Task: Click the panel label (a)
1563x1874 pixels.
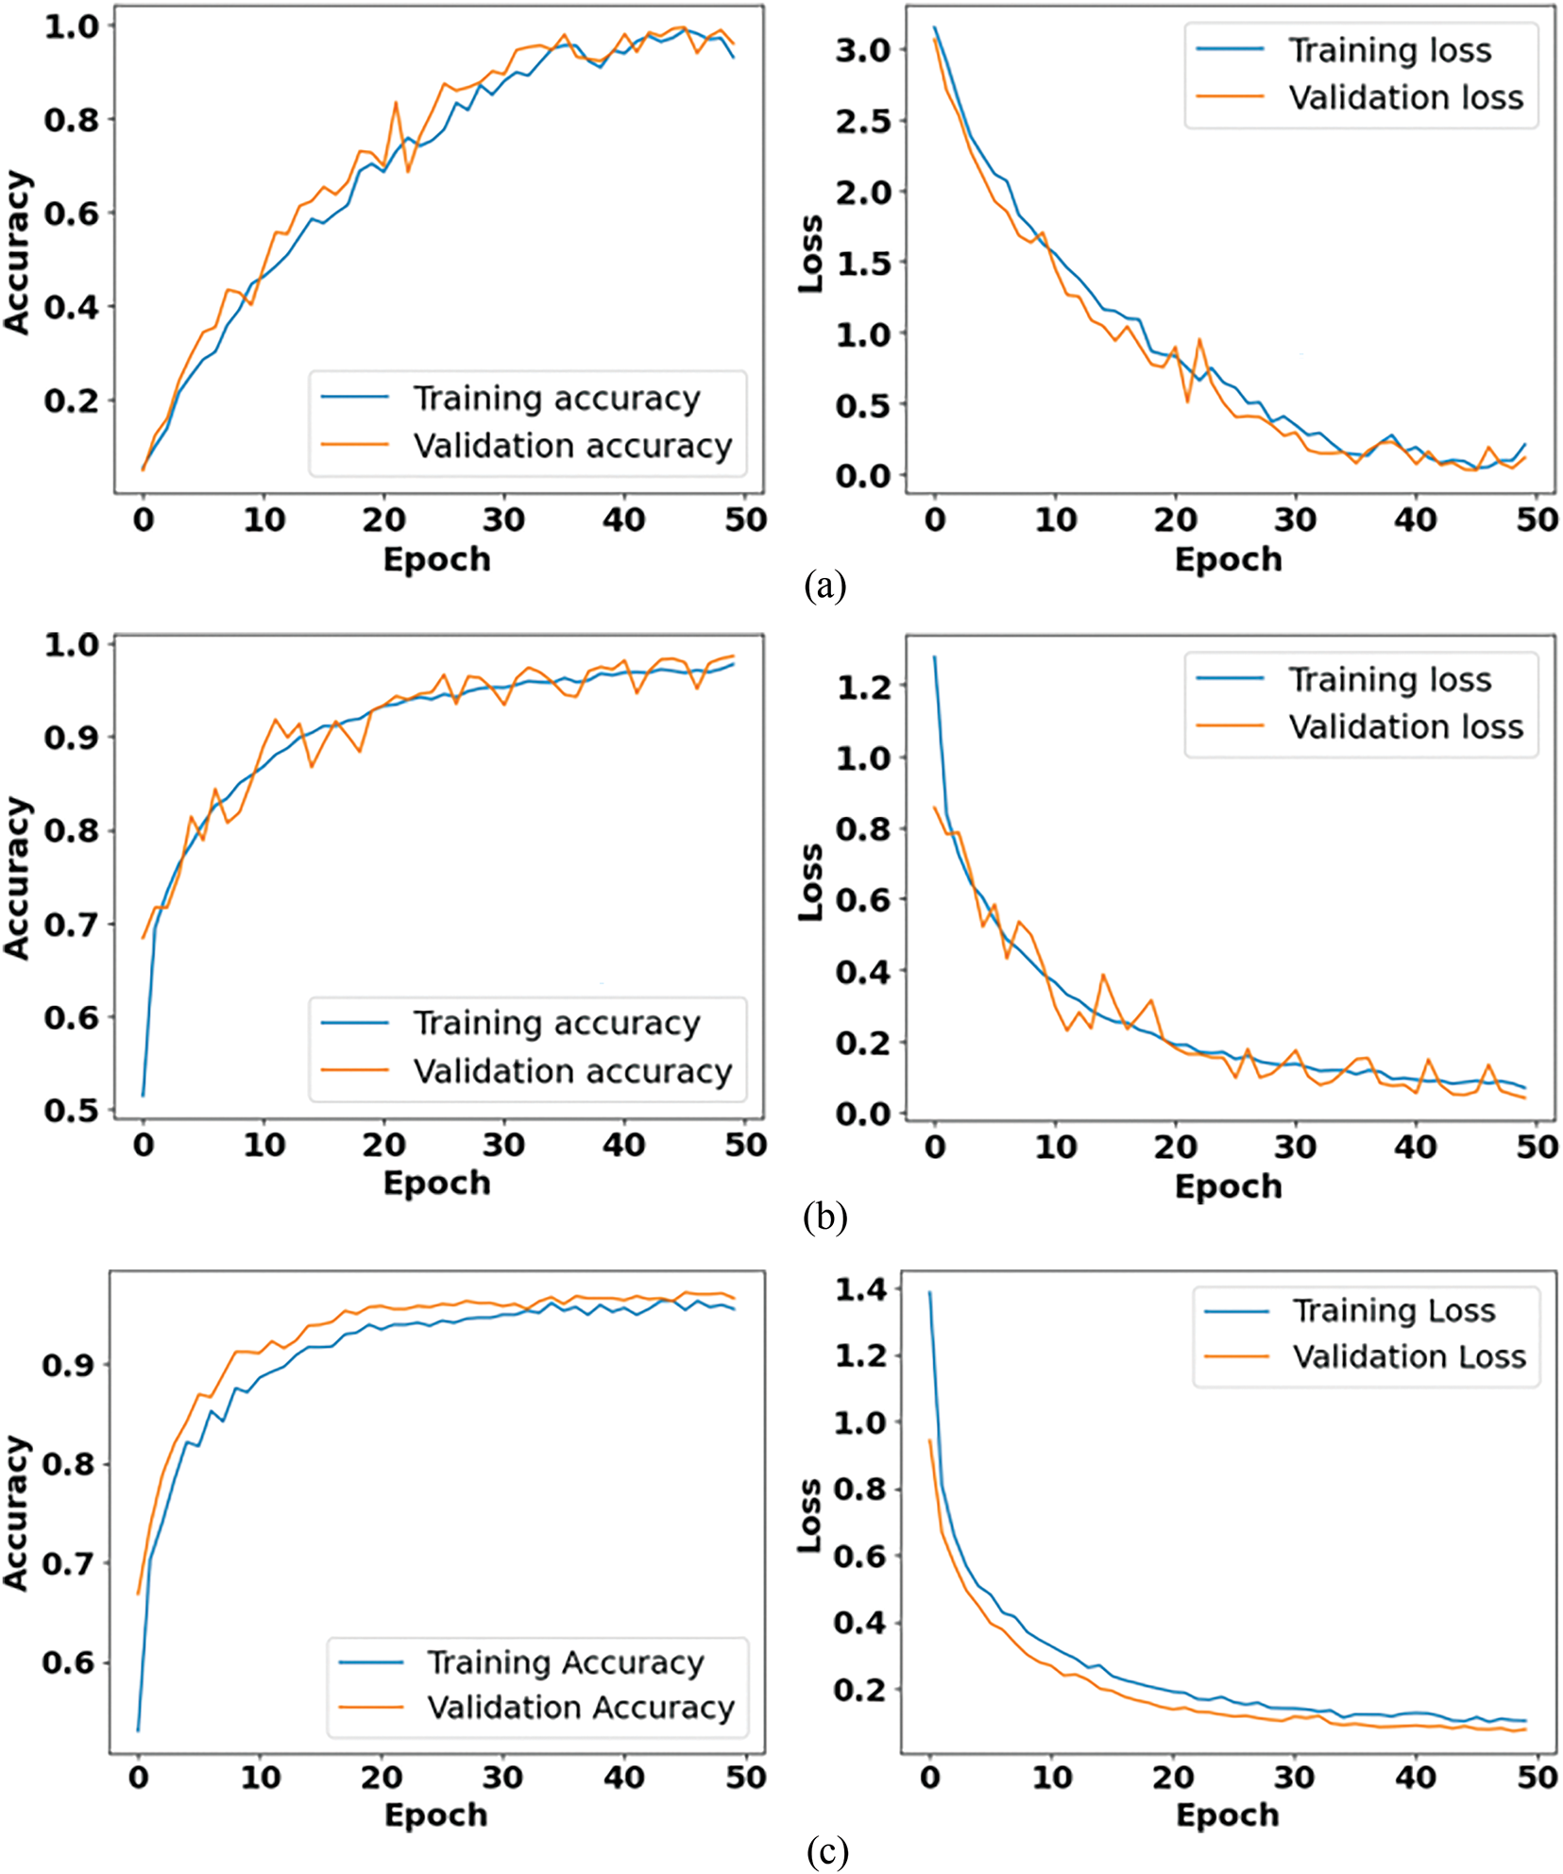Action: [824, 587]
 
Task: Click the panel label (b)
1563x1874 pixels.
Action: [824, 1217]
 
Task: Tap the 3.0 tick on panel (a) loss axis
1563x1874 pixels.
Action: [863, 50]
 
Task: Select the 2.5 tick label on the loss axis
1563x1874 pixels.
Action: [863, 121]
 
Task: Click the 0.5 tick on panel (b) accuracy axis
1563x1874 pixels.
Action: [72, 1110]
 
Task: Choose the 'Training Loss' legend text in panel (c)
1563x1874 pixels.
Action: [1394, 1311]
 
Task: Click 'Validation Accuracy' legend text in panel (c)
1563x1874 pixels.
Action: [580, 1707]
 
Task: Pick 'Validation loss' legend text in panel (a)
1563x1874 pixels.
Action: [1406, 98]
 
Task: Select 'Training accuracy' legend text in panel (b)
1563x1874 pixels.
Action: [557, 1023]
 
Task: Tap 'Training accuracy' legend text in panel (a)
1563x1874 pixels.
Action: [557, 399]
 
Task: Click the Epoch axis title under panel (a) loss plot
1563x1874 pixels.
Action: [1229, 559]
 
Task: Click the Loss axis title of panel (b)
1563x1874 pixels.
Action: [810, 882]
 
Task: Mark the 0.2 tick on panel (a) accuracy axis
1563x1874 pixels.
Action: [72, 400]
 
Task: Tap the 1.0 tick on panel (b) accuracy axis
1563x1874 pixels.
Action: [72, 645]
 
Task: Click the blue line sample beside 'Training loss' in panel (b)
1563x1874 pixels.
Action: [1230, 678]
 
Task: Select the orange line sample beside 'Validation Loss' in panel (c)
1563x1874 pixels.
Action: [1236, 1356]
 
